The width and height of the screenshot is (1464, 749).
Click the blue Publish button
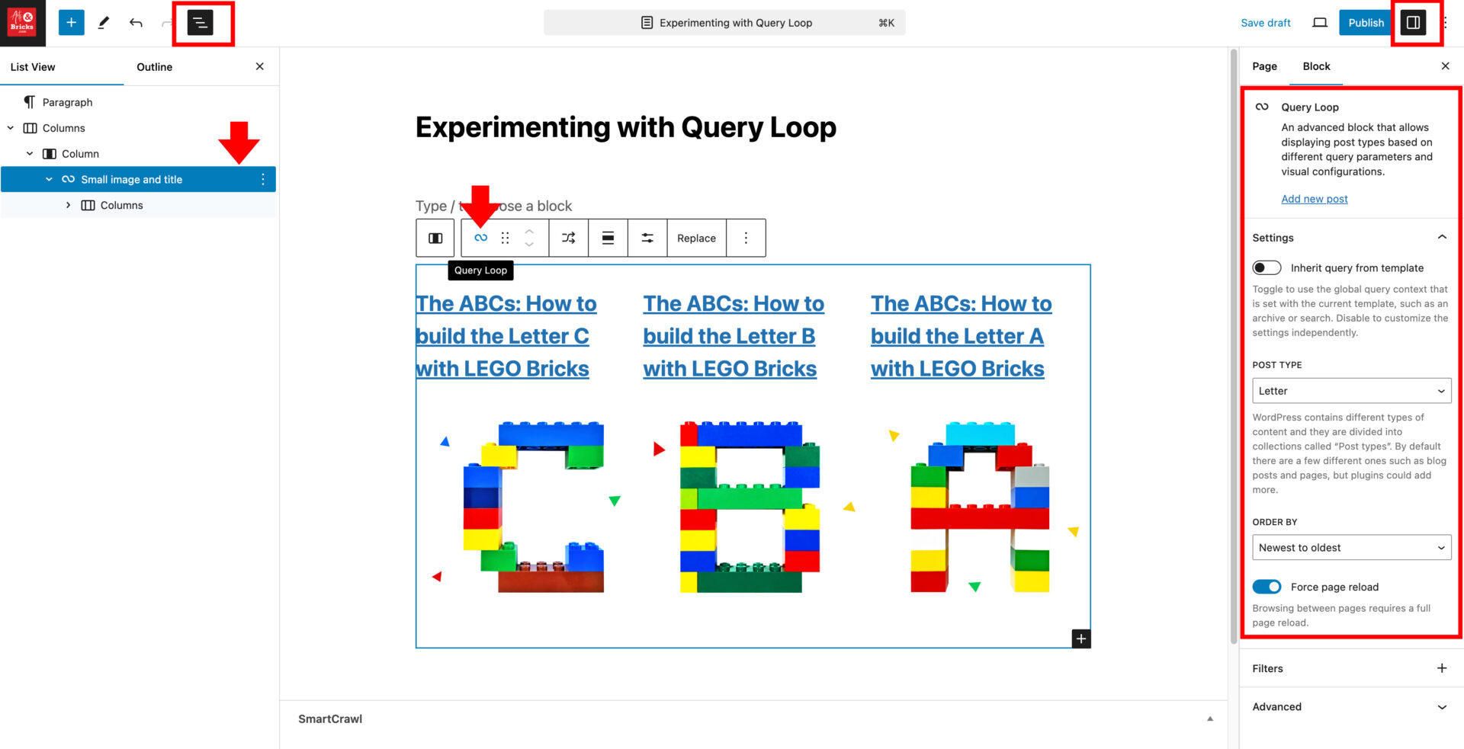pos(1365,23)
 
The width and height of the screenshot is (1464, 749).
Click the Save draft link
pos(1265,23)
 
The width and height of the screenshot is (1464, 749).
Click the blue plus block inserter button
pos(71,23)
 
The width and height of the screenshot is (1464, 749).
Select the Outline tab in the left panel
pos(154,67)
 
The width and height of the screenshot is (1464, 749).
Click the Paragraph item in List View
pos(67,102)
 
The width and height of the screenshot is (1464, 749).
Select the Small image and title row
pos(131,180)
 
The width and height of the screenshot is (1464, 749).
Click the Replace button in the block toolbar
pos(696,238)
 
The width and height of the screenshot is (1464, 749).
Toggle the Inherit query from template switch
pos(1267,268)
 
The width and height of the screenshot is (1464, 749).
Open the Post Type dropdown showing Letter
pos(1351,391)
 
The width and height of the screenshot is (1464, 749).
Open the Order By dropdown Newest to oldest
pos(1351,548)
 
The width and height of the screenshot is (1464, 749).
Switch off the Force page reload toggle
pos(1267,587)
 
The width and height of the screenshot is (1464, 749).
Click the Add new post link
pos(1314,199)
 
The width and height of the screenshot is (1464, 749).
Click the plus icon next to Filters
pos(1441,668)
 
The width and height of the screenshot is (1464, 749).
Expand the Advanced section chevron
pos(1441,707)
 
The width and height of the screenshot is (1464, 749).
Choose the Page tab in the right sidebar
pos(1264,66)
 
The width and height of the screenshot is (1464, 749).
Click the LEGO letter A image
pos(980,507)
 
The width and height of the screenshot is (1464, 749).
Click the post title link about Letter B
pos(730,336)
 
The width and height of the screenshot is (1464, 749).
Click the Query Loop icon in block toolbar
pos(480,238)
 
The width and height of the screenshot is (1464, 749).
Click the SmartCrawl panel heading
pos(330,719)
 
